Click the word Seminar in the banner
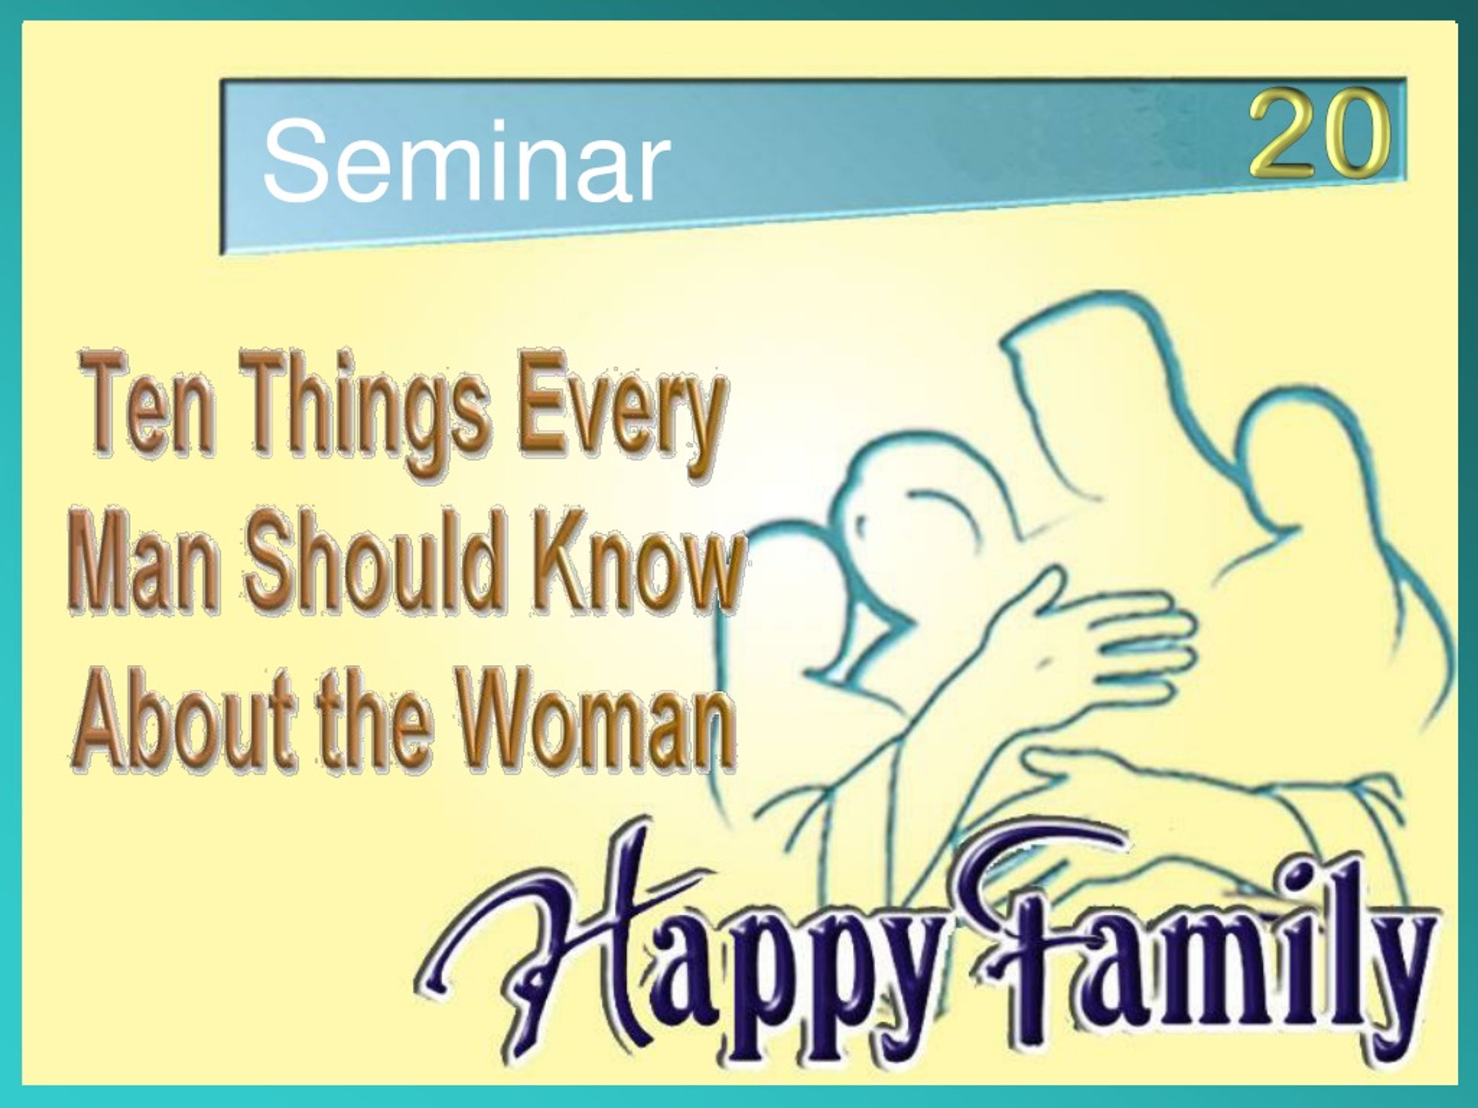tap(467, 160)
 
